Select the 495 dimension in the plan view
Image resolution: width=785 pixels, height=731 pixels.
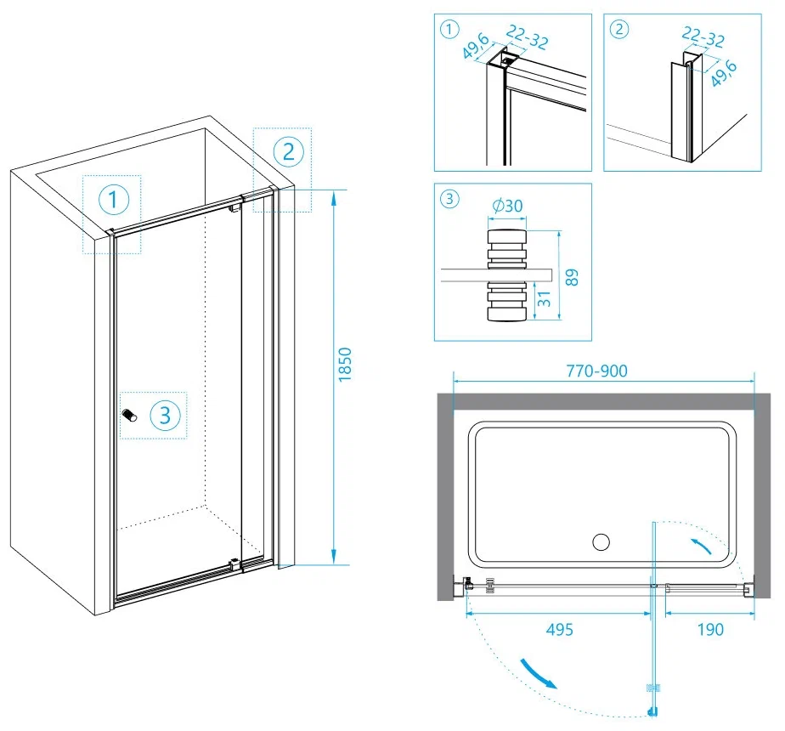coord(559,630)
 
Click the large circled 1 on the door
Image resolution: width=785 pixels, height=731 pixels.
coord(113,201)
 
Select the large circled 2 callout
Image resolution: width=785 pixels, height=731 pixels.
coord(288,151)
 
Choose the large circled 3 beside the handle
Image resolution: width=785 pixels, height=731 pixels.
coord(165,415)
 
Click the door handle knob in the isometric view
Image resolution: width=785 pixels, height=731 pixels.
coord(130,415)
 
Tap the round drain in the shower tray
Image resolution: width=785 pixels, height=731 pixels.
coord(601,541)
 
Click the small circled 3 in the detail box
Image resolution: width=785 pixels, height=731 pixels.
coord(450,200)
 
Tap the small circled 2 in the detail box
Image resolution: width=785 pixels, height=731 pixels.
coord(620,30)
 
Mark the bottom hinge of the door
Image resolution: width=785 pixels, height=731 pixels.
coord(234,563)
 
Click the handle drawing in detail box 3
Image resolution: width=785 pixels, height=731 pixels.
coord(505,275)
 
